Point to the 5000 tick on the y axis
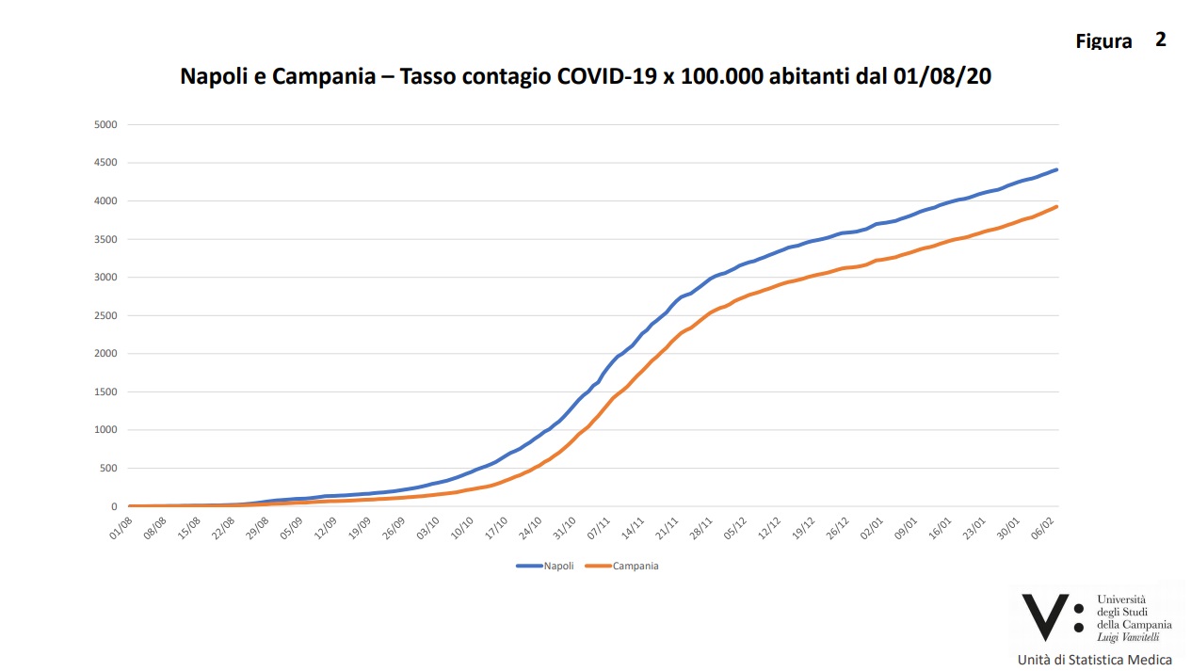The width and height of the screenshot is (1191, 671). coord(104,124)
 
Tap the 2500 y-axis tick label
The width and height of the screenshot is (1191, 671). coord(104,315)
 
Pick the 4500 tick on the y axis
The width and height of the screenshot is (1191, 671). coord(104,163)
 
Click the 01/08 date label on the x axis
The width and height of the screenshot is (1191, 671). coord(120,524)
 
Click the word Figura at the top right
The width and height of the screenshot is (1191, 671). coord(1103,41)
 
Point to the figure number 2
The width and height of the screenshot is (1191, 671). coord(1161,40)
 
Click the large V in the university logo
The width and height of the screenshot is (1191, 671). coord(1045,616)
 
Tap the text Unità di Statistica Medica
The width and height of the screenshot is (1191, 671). coord(1095,659)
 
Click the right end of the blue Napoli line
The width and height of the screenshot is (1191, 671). coord(1057,169)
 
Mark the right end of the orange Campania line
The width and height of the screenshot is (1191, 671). coord(1057,206)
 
